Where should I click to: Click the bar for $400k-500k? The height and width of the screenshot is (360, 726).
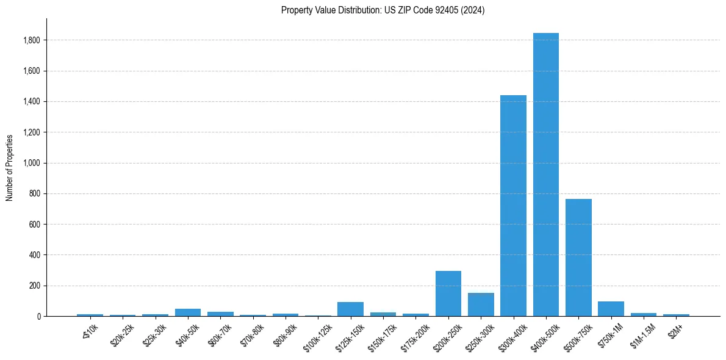click(546, 175)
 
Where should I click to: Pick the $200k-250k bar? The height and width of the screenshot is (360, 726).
click(448, 293)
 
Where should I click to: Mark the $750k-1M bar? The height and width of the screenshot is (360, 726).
click(611, 309)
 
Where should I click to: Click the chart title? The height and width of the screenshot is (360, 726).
click(383, 10)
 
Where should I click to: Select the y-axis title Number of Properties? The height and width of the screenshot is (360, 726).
click(10, 167)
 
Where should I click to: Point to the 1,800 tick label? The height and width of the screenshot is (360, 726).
click(32, 40)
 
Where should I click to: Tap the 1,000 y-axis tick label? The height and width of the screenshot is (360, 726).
click(32, 163)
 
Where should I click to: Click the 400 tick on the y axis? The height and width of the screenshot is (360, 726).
click(35, 255)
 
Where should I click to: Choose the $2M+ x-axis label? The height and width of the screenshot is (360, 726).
click(675, 330)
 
